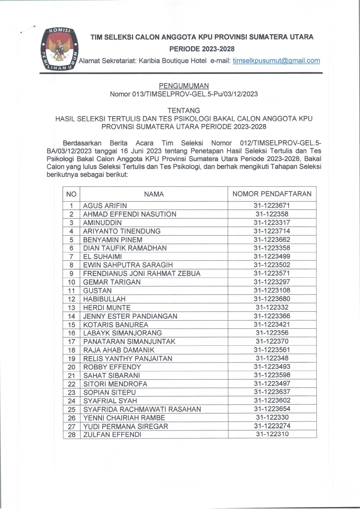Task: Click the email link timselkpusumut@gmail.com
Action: click(276, 61)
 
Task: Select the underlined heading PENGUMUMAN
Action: click(184, 86)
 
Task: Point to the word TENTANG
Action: click(184, 110)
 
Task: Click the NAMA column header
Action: click(154, 194)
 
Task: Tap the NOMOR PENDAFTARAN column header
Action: click(272, 194)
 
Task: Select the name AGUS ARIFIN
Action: click(105, 206)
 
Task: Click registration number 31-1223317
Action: click(272, 222)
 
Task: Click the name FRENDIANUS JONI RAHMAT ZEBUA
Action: click(142, 274)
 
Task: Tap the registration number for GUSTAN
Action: click(272, 290)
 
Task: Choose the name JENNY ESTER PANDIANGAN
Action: click(130, 316)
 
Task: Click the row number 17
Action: click(71, 342)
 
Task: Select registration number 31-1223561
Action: click(272, 350)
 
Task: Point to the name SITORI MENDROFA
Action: click(115, 384)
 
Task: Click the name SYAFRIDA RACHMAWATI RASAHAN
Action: click(142, 409)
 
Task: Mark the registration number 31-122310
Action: click(272, 434)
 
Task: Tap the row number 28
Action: click(71, 435)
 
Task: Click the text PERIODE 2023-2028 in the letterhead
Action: click(202, 49)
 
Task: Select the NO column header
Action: click(71, 194)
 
